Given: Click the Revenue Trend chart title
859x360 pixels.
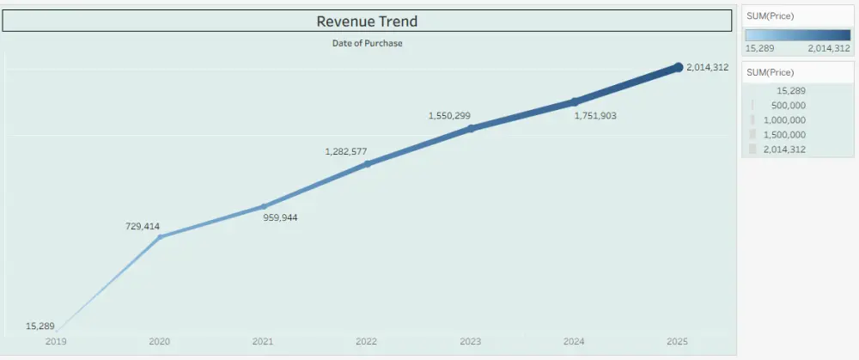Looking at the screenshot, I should click(x=367, y=21).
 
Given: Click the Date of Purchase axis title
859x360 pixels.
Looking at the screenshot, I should click(x=367, y=43).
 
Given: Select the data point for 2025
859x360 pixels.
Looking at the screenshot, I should click(x=678, y=67).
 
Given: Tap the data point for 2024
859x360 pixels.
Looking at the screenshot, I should click(x=575, y=101).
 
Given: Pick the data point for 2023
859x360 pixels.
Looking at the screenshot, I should click(x=471, y=129).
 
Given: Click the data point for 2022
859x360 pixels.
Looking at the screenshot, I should click(x=367, y=163).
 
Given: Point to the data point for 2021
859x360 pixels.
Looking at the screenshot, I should click(x=263, y=206).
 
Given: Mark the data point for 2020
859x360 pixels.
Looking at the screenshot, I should click(x=160, y=236).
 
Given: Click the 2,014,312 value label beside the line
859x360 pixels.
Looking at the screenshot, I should click(x=708, y=67).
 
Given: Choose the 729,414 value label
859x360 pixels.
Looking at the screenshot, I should click(x=143, y=227).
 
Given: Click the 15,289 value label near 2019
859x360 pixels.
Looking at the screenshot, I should click(x=40, y=326).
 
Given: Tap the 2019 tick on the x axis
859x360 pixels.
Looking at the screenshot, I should click(x=56, y=342).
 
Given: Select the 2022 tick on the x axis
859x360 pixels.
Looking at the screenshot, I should click(x=367, y=342).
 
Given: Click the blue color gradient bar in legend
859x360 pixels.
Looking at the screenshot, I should click(x=798, y=36).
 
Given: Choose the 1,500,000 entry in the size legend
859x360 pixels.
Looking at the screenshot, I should click(x=784, y=135).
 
